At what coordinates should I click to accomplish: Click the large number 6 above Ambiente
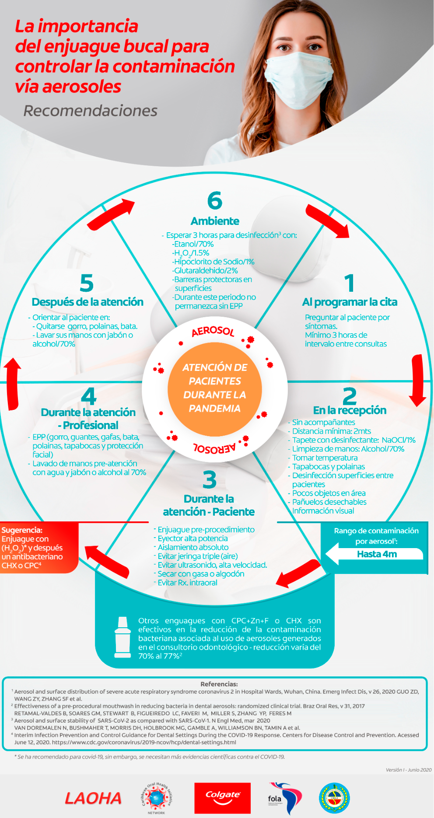coord(215,201)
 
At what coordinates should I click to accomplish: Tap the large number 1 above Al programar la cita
coord(349,283)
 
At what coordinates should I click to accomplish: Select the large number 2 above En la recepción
coord(350,396)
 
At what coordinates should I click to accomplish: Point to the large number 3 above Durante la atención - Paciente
coord(210,480)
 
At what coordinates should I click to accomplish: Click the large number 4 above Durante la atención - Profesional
coord(89,396)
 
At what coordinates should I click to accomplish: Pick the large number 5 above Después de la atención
coord(87,283)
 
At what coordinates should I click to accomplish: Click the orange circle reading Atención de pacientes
coord(215,388)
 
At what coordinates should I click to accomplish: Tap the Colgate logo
coord(222,797)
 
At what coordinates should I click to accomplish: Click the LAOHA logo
coord(93,798)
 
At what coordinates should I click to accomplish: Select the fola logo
coord(284,798)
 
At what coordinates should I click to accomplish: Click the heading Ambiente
coord(215,221)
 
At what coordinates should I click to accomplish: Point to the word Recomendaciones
coord(90,111)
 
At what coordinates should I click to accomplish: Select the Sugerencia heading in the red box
coord(22,530)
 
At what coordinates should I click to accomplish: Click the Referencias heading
coord(219,684)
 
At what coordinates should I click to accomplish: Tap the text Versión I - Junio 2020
coord(408,770)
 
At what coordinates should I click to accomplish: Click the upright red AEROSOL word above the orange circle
coord(213,331)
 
